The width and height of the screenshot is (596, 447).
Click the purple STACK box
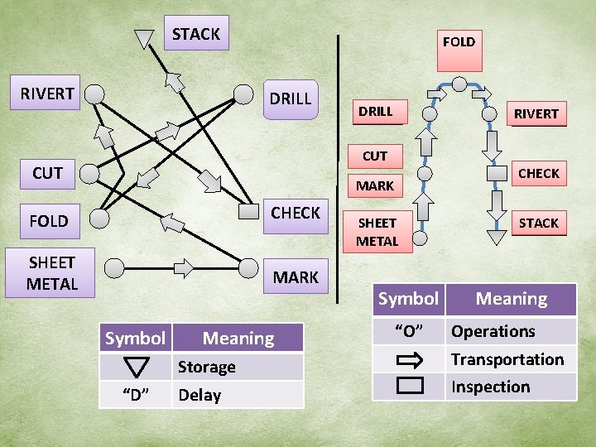(x=195, y=34)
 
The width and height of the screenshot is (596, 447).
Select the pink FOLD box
(x=459, y=41)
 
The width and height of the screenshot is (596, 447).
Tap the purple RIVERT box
(x=47, y=94)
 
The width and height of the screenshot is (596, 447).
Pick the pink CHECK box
(x=539, y=173)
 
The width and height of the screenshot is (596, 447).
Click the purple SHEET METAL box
(x=51, y=273)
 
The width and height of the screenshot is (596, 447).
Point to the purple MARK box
(x=296, y=277)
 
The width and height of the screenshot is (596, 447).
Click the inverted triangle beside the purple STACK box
(x=145, y=38)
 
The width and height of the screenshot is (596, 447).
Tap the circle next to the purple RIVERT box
(x=95, y=94)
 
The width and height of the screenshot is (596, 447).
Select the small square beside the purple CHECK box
(x=247, y=212)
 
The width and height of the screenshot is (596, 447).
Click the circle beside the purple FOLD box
(x=99, y=219)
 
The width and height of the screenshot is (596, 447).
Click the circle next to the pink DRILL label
(x=430, y=113)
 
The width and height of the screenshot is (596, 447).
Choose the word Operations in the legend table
(x=493, y=331)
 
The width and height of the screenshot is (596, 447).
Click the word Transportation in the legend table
(x=507, y=359)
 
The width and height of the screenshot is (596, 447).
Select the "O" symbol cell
(x=408, y=331)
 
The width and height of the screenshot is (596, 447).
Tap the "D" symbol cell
(x=136, y=395)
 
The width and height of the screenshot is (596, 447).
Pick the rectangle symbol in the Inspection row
(x=409, y=386)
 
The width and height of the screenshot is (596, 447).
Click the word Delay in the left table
(x=199, y=395)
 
